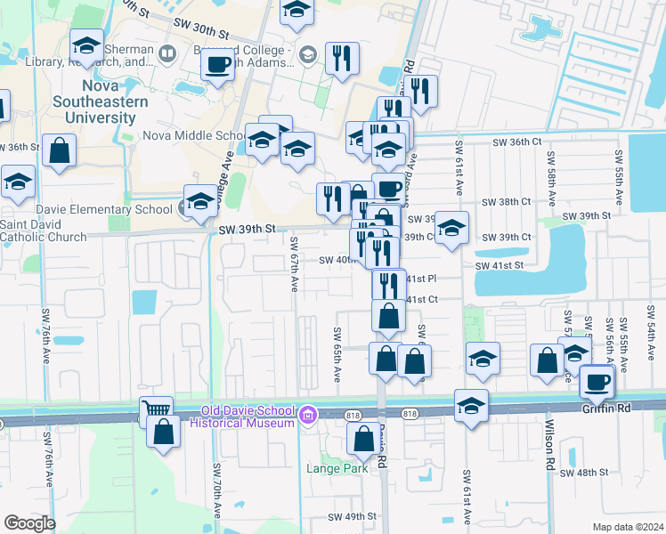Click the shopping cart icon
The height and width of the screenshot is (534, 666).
tap(156, 411)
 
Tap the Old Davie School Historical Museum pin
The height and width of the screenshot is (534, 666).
tap(308, 415)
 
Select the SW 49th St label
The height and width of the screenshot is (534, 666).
tap(353, 517)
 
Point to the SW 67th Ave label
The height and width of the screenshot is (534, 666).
tap(294, 263)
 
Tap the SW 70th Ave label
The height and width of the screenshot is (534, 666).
tap(216, 489)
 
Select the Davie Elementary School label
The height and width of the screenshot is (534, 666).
tap(86, 209)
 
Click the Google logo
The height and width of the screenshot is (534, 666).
tap(29, 522)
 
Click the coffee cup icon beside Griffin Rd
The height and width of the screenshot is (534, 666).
tap(596, 382)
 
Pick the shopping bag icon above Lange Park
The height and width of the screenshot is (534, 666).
tap(363, 439)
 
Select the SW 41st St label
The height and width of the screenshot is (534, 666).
tap(499, 265)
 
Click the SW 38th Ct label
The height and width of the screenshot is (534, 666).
tap(508, 202)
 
